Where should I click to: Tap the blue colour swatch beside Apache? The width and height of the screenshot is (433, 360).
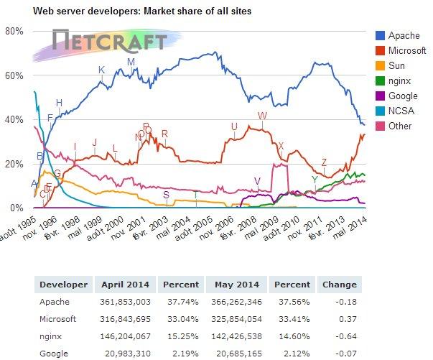[380, 36]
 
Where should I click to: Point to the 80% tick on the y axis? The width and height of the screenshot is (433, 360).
[14, 32]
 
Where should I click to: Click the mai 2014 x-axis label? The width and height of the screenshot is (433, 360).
[354, 225]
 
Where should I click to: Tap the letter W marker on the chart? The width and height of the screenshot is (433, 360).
[262, 116]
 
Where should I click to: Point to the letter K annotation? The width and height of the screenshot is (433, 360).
[101, 70]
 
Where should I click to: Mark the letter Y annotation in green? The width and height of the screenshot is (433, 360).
[315, 179]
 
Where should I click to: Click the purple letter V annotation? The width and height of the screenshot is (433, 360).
[257, 181]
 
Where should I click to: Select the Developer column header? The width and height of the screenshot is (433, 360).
[63, 284]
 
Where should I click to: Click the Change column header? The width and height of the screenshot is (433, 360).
[339, 284]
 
